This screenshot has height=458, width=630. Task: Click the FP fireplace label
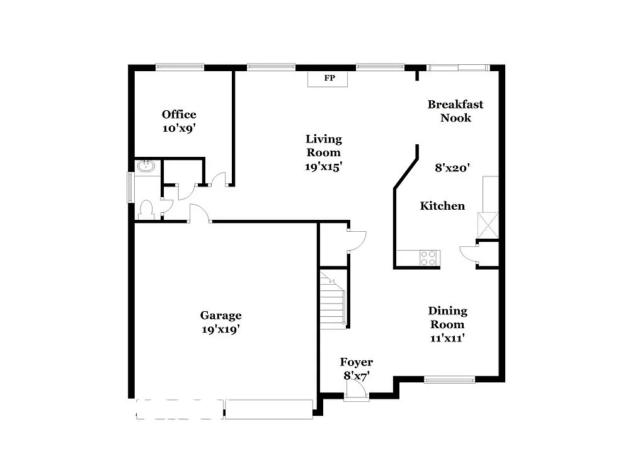tap(329, 79)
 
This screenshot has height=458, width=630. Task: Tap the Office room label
tap(179, 114)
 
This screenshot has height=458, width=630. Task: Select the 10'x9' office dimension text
tap(179, 128)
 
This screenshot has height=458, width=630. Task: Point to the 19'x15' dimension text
tap(324, 167)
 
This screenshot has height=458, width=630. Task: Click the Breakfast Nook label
tap(455, 111)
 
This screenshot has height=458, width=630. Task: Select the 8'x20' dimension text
tap(452, 168)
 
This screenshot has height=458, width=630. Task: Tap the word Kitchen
tap(442, 206)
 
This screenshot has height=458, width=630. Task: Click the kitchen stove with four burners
tap(428, 258)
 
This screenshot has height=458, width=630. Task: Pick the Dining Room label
tap(447, 318)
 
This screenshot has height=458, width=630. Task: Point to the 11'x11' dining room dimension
tap(447, 338)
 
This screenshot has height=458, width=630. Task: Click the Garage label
tap(220, 316)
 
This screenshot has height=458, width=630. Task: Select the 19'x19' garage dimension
tap(220, 329)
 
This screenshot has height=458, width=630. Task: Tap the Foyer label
tap(356, 362)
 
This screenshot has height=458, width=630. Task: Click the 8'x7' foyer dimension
tap(356, 375)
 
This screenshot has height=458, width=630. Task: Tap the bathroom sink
tap(146, 167)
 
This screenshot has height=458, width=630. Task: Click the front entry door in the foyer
tap(357, 393)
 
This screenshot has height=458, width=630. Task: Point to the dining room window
tap(449, 379)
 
